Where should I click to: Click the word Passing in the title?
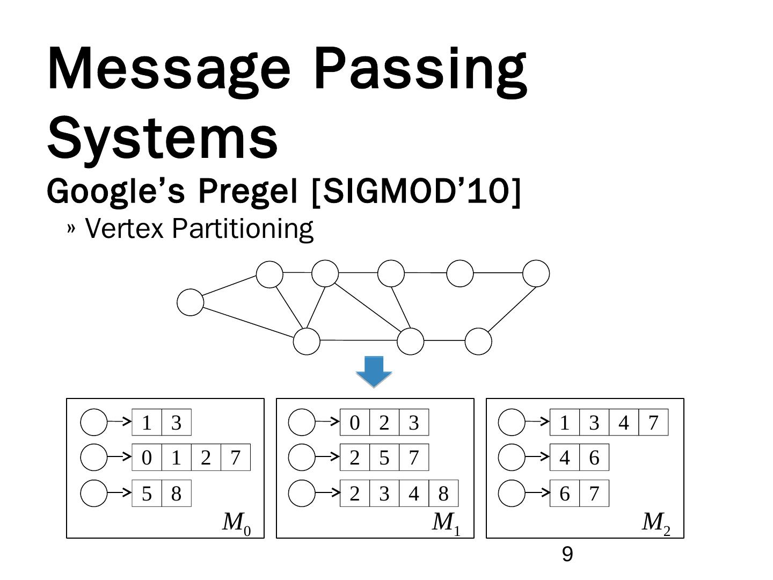(x=420, y=70)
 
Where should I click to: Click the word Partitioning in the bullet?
(x=243, y=228)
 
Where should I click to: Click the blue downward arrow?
(x=374, y=371)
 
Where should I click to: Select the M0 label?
(x=236, y=523)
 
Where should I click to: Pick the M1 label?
(x=446, y=523)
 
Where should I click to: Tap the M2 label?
(x=656, y=523)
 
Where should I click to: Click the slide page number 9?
(x=567, y=554)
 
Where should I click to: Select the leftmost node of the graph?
(x=191, y=302)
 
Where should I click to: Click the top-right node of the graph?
(x=536, y=273)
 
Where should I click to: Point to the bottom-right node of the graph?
(x=478, y=341)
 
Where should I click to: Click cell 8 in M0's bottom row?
(x=176, y=494)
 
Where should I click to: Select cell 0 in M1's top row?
(x=354, y=423)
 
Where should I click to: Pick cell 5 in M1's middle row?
(x=384, y=458)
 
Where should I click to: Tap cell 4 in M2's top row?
(x=623, y=423)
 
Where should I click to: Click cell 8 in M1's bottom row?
(x=443, y=494)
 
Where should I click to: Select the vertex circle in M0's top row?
(x=94, y=423)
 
